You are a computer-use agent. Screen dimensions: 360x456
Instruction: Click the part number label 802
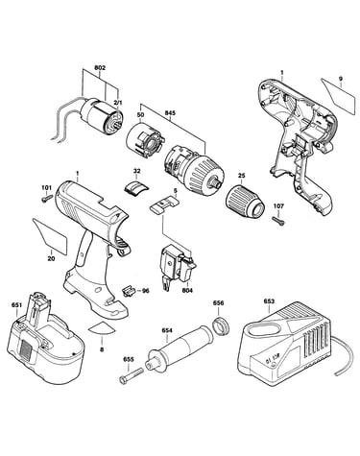click(x=100, y=68)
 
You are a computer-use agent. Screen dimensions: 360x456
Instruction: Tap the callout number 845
click(x=170, y=112)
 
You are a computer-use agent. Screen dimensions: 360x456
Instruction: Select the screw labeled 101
click(x=47, y=199)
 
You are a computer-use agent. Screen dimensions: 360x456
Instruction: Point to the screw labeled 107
click(x=278, y=221)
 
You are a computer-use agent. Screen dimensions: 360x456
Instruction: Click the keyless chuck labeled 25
click(x=246, y=202)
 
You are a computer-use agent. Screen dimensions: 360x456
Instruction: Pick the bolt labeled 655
click(x=131, y=375)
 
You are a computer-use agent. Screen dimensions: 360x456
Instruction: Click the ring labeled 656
click(x=220, y=324)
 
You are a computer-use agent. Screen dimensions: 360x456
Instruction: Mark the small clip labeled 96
click(x=128, y=291)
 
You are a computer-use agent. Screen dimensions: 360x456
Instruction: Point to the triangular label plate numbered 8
click(x=102, y=328)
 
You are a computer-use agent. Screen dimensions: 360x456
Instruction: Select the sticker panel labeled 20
click(x=51, y=235)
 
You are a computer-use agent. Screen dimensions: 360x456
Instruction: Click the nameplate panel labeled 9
click(x=339, y=97)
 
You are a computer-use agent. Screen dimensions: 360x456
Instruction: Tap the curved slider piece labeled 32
click(x=136, y=186)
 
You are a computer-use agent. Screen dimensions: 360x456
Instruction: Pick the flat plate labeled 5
click(x=164, y=204)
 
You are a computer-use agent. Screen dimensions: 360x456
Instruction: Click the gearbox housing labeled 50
click(x=145, y=139)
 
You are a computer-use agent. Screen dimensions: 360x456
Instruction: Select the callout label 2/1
click(x=117, y=103)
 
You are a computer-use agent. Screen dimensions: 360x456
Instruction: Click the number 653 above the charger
click(x=269, y=301)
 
